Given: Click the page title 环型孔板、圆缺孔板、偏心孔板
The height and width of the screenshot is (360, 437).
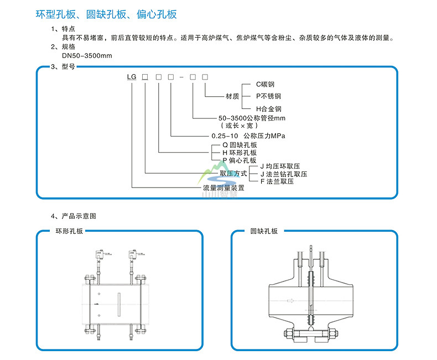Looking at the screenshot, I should (107, 14).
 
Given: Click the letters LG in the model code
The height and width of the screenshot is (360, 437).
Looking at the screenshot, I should (132, 76).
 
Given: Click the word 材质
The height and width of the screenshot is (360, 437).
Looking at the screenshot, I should (232, 96).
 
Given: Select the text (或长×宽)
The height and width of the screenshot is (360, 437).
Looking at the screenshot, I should (236, 126).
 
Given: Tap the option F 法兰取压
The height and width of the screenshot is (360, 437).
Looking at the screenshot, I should (279, 181).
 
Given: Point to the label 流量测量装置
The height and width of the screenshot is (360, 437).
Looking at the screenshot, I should (223, 188).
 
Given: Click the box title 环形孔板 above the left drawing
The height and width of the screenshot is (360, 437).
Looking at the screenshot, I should (69, 231).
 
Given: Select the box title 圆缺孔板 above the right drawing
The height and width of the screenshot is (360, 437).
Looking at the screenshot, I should (264, 231).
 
